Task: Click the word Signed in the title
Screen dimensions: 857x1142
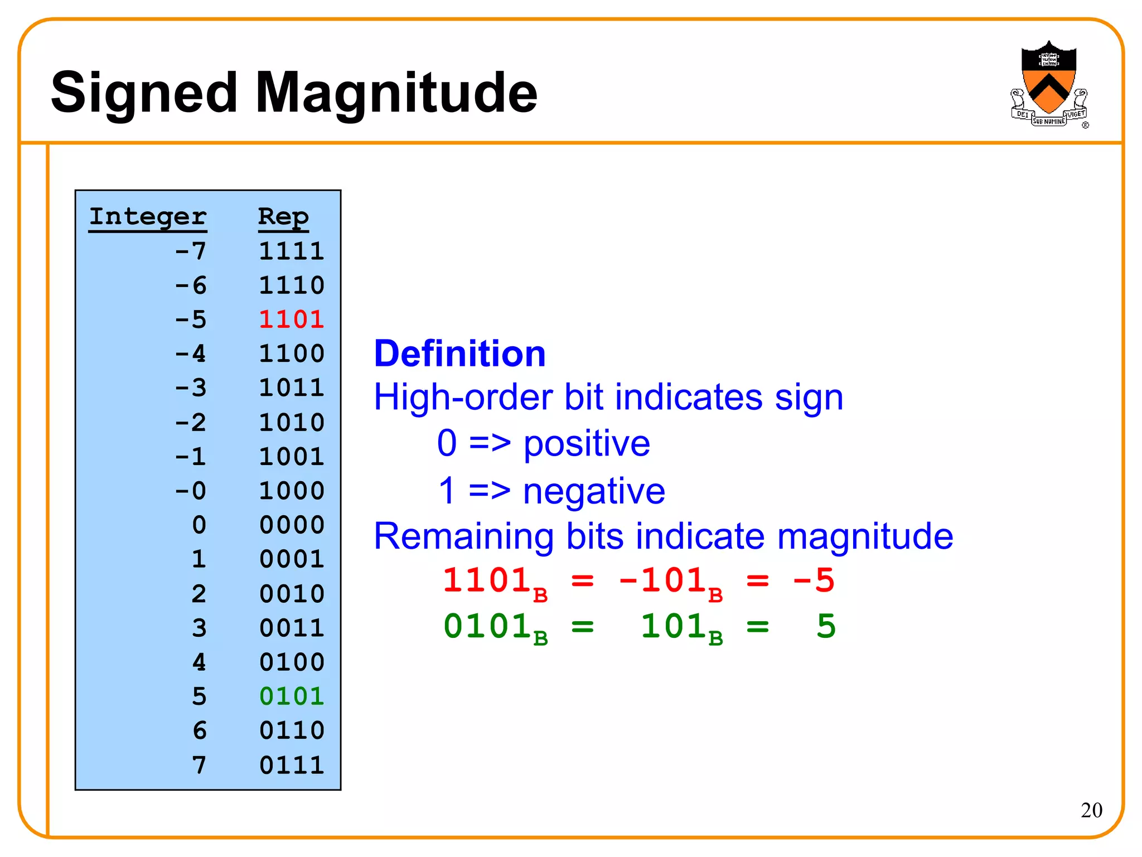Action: tap(144, 94)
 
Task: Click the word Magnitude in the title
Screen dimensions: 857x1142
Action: tap(396, 94)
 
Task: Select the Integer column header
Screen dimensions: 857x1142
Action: tap(148, 216)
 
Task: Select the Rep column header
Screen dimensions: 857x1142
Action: tap(283, 216)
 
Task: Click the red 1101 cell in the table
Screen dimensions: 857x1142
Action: tap(292, 319)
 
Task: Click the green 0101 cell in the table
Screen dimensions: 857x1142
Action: tap(292, 696)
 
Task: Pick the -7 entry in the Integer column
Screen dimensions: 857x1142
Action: tap(191, 251)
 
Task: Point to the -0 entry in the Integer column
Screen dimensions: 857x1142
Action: tap(191, 491)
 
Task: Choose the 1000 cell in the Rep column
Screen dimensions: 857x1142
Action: tap(292, 491)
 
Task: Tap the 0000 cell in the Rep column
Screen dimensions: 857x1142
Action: tap(292, 525)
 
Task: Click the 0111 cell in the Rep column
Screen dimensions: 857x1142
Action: tap(292, 765)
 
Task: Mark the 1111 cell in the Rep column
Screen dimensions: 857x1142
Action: tap(292, 251)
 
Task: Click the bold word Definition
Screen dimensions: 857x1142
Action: tap(459, 354)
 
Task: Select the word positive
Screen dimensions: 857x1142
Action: tap(587, 444)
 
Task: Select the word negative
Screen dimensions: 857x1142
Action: tap(594, 491)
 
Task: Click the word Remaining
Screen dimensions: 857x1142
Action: tap(463, 536)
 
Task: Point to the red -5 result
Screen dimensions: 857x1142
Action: tap(814, 581)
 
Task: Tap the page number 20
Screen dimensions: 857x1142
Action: tap(1091, 810)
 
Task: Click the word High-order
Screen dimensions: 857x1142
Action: tap(463, 398)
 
